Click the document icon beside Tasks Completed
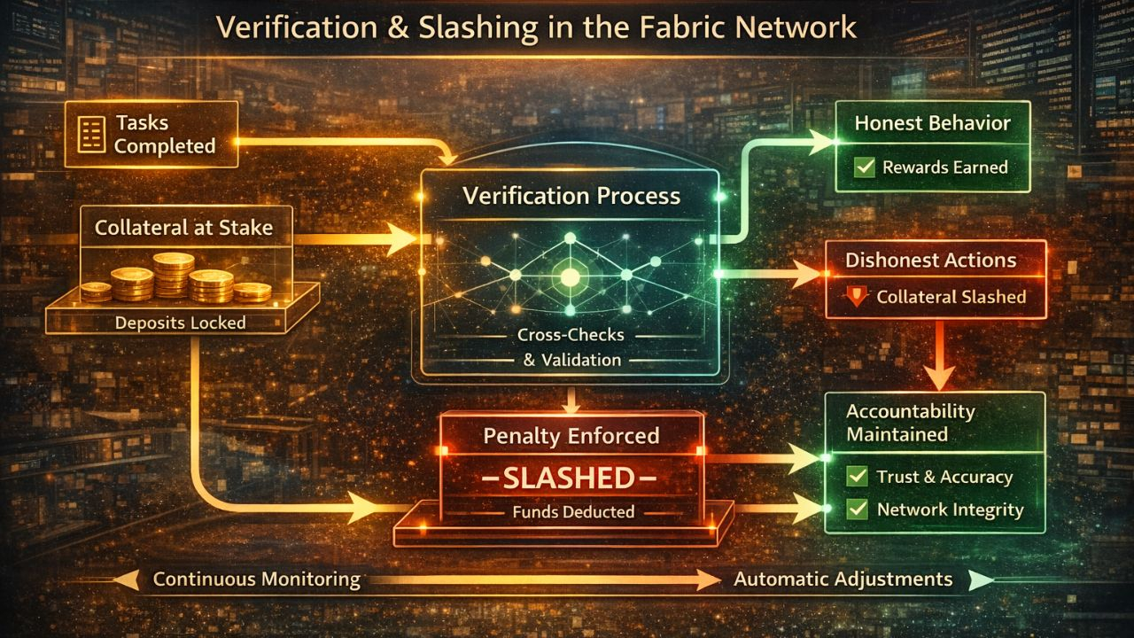(90, 134)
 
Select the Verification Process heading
(571, 196)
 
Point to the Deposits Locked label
(180, 323)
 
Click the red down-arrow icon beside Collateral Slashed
(856, 297)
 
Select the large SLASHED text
(570, 479)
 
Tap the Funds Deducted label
(573, 511)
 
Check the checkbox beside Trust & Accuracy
(857, 477)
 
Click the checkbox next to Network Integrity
(857, 510)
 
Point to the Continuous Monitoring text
(257, 580)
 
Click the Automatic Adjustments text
(843, 580)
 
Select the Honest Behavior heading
(932, 123)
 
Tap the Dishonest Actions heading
(930, 261)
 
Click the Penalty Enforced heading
(571, 436)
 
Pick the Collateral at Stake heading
(183, 228)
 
